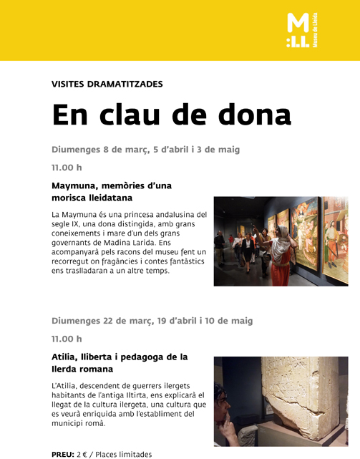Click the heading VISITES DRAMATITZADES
(x=107, y=84)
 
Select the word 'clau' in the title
(x=135, y=115)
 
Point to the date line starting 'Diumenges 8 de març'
(x=145, y=150)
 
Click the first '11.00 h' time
(x=67, y=168)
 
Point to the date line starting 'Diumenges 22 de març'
(x=152, y=321)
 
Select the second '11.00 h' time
(x=67, y=339)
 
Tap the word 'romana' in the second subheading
(x=95, y=369)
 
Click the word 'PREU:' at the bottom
(x=63, y=454)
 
